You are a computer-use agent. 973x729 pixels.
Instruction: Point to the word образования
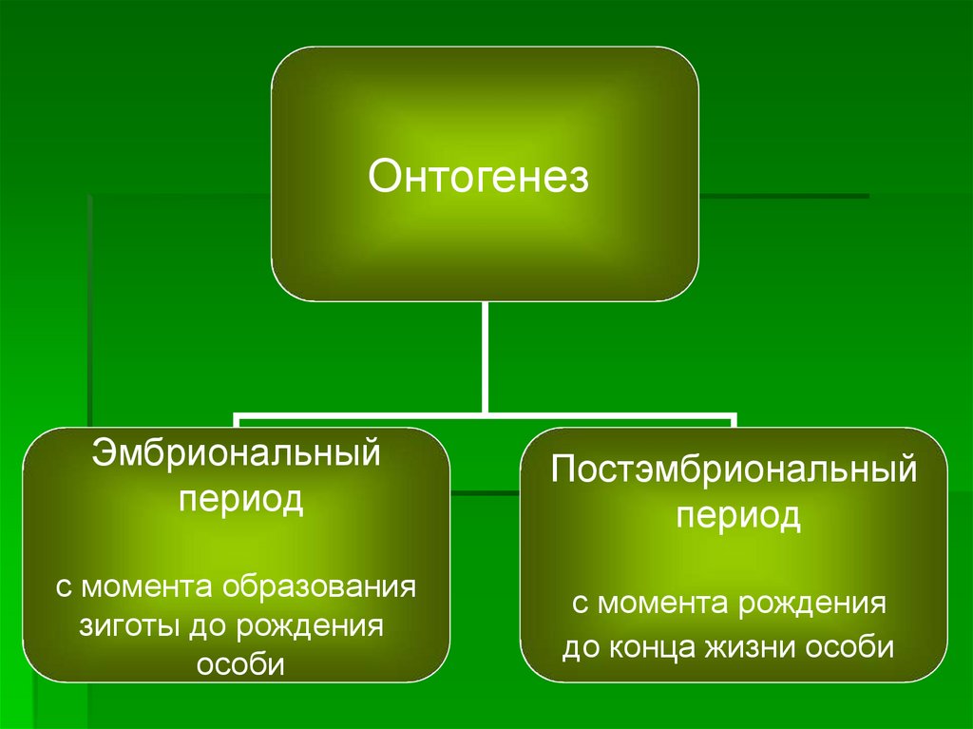(x=321, y=585)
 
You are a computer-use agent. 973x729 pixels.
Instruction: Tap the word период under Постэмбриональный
(x=737, y=518)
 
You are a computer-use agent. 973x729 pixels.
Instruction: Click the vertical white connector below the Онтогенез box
(x=486, y=356)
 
